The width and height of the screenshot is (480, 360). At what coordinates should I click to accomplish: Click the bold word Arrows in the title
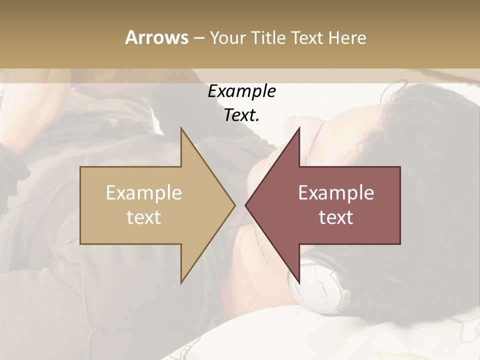point(156,37)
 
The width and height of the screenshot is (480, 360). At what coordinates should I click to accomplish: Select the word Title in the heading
point(267,38)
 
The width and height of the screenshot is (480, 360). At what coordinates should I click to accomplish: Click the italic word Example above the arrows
point(241,91)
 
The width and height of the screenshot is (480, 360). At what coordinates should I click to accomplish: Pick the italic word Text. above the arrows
point(241,115)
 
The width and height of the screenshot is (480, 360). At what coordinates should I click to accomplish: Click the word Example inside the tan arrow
point(143,193)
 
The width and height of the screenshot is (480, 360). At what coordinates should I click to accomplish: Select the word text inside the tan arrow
point(143,217)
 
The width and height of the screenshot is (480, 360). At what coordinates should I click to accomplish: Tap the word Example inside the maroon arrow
point(336,193)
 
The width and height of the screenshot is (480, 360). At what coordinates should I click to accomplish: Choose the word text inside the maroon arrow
point(336,217)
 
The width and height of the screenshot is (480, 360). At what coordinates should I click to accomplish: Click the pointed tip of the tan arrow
point(234,205)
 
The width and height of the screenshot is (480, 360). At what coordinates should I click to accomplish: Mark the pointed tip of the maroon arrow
point(246,205)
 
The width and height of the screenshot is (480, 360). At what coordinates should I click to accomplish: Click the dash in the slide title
point(198,38)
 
